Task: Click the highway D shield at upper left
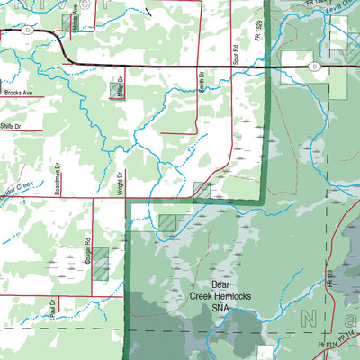28,30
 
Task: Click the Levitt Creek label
339,9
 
